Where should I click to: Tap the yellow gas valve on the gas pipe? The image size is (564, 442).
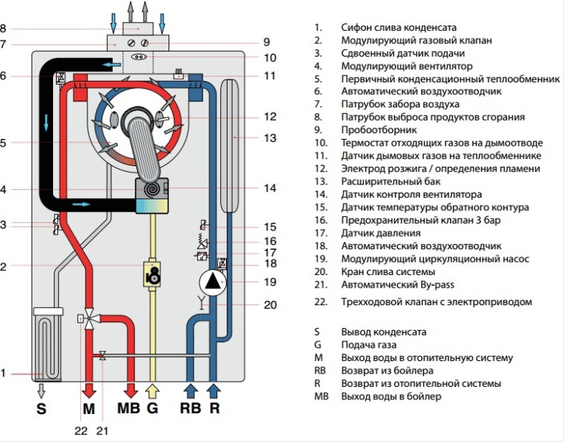pyautogui.click(x=153, y=274)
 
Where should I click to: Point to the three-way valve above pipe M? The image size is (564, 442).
pyautogui.click(x=89, y=318)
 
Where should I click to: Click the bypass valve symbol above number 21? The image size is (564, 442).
pyautogui.click(x=102, y=356)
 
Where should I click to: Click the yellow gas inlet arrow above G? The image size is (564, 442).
pyautogui.click(x=152, y=390)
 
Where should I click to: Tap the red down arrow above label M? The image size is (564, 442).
pyautogui.click(x=89, y=390)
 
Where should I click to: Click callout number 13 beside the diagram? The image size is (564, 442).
pyautogui.click(x=270, y=138)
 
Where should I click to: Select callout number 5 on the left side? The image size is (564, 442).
pyautogui.click(x=4, y=143)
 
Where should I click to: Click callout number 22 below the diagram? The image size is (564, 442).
pyautogui.click(x=80, y=430)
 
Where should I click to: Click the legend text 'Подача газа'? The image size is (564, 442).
pyautogui.click(x=367, y=345)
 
